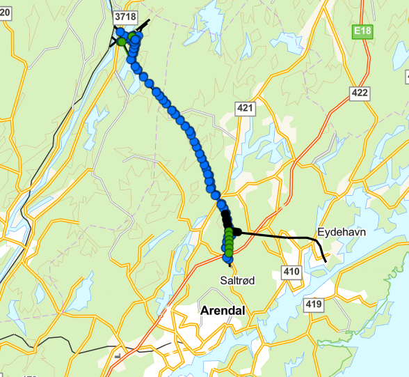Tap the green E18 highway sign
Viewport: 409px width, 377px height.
click(362, 32)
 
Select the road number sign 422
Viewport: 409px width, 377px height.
click(360, 93)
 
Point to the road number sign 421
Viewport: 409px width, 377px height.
click(245, 108)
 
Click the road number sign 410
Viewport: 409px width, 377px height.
click(291, 271)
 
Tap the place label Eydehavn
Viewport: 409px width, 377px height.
click(341, 231)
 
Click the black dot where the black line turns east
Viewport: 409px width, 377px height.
click(236, 232)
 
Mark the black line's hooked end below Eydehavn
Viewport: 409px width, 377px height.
click(325, 261)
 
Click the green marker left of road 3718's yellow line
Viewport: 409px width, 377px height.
click(121, 42)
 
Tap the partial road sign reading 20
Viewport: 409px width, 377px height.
click(3, 17)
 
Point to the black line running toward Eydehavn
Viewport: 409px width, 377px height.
click(278, 236)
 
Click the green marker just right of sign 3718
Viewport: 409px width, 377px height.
click(132, 34)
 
